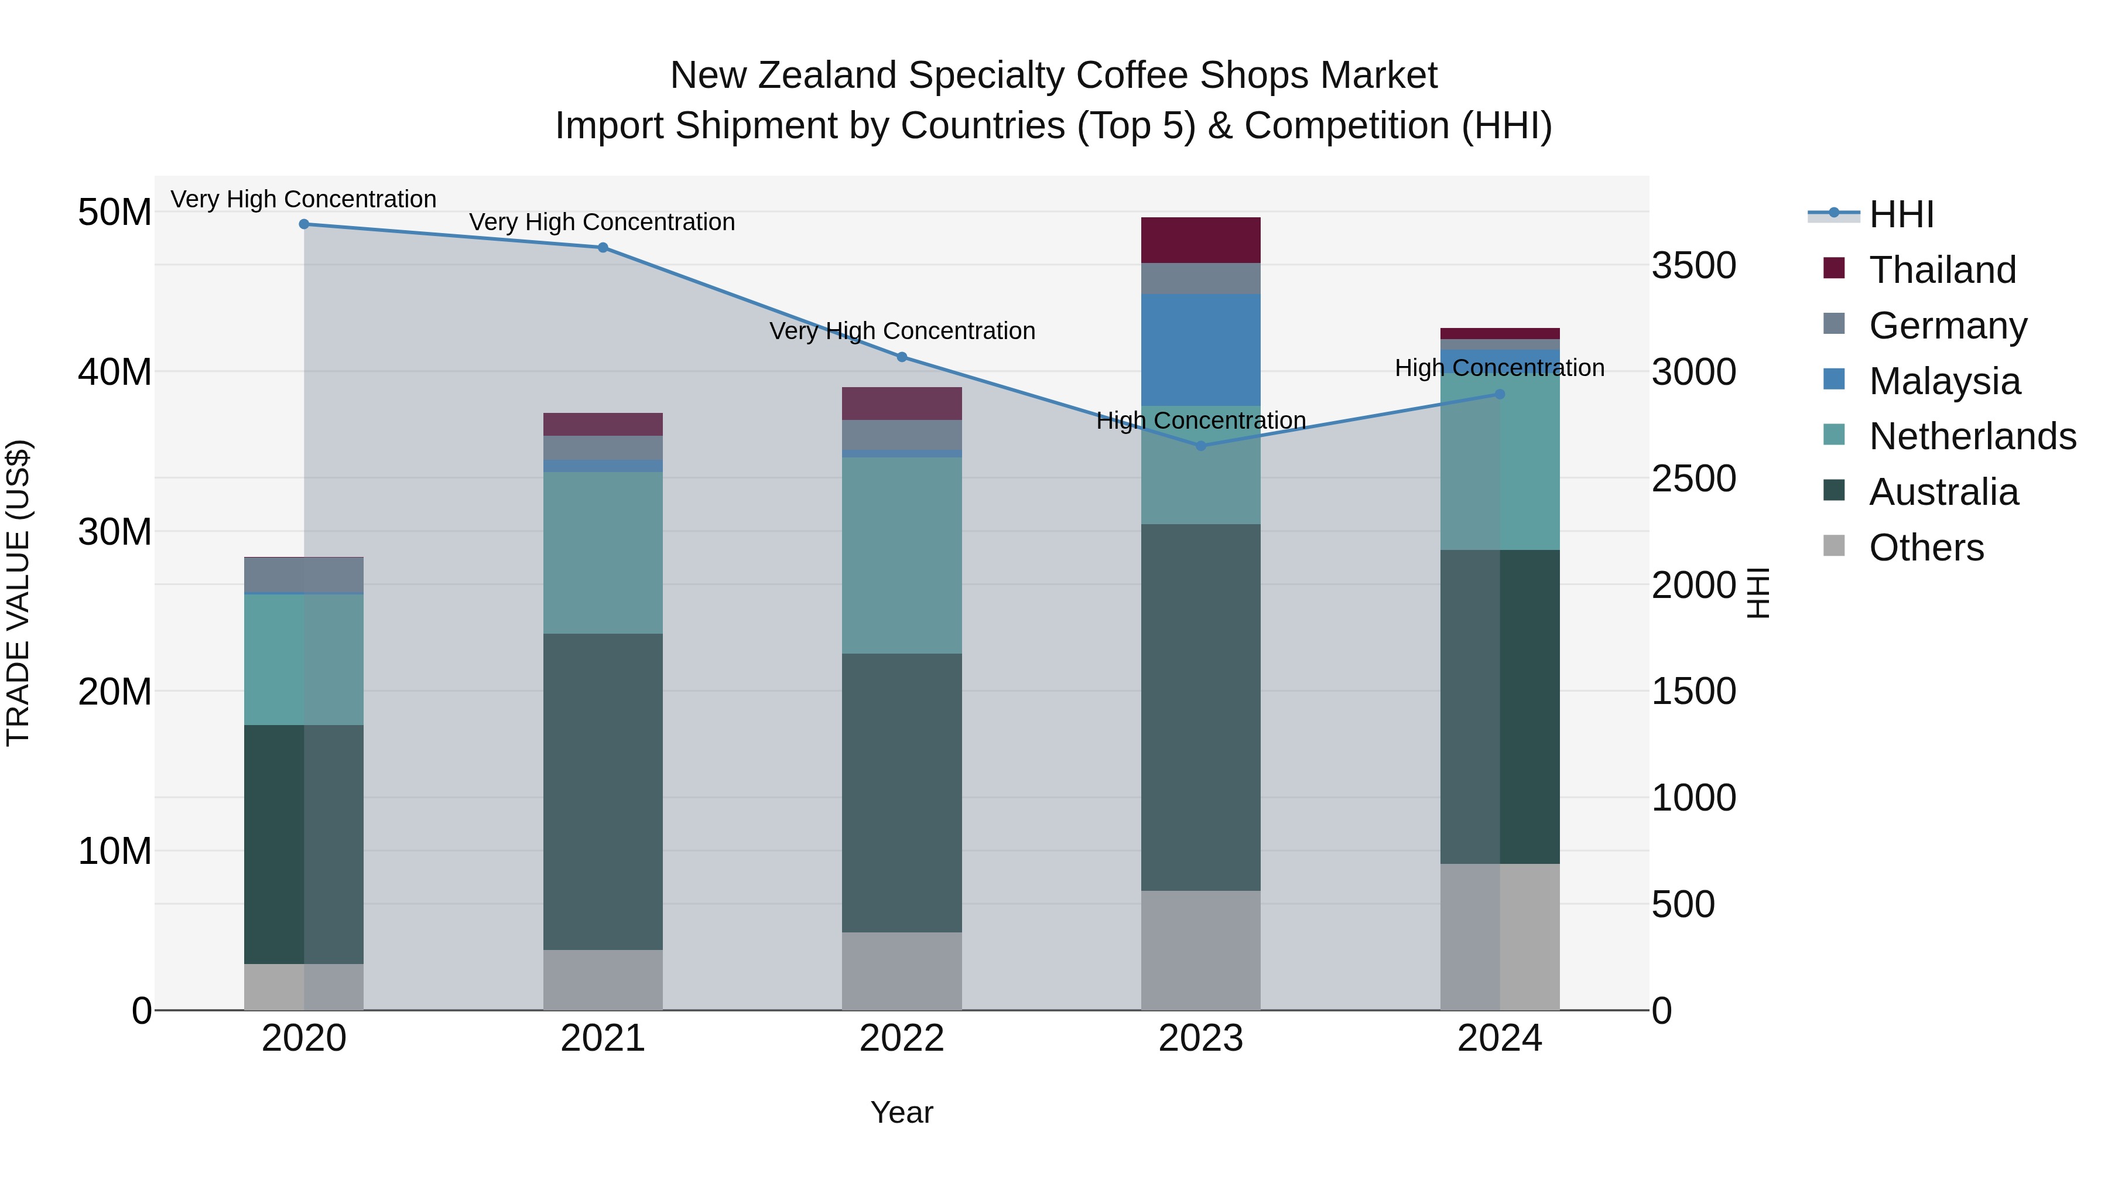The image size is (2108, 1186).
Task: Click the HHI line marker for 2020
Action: pyautogui.click(x=303, y=224)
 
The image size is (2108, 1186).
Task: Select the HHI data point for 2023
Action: pyautogui.click(x=1200, y=446)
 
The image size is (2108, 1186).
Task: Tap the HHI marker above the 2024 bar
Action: pyautogui.click(x=1499, y=395)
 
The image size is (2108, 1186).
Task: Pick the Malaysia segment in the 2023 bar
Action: pyautogui.click(x=1200, y=350)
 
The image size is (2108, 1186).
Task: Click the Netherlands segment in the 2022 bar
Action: pyautogui.click(x=902, y=555)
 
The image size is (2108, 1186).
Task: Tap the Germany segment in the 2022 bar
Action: pyautogui.click(x=902, y=435)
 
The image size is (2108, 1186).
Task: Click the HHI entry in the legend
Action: pyautogui.click(x=1901, y=214)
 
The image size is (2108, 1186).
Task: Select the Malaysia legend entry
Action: pyautogui.click(x=1944, y=381)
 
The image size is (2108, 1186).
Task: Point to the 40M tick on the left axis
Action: pyautogui.click(x=115, y=372)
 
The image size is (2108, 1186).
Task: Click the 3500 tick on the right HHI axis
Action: pyautogui.click(x=1693, y=266)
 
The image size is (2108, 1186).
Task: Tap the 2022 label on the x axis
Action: pyautogui.click(x=902, y=1038)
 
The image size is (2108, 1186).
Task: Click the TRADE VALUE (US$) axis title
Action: pyautogui.click(x=18, y=593)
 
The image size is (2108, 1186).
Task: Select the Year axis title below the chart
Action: pyautogui.click(x=902, y=1112)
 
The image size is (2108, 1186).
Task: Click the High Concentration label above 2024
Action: pyautogui.click(x=1499, y=368)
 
